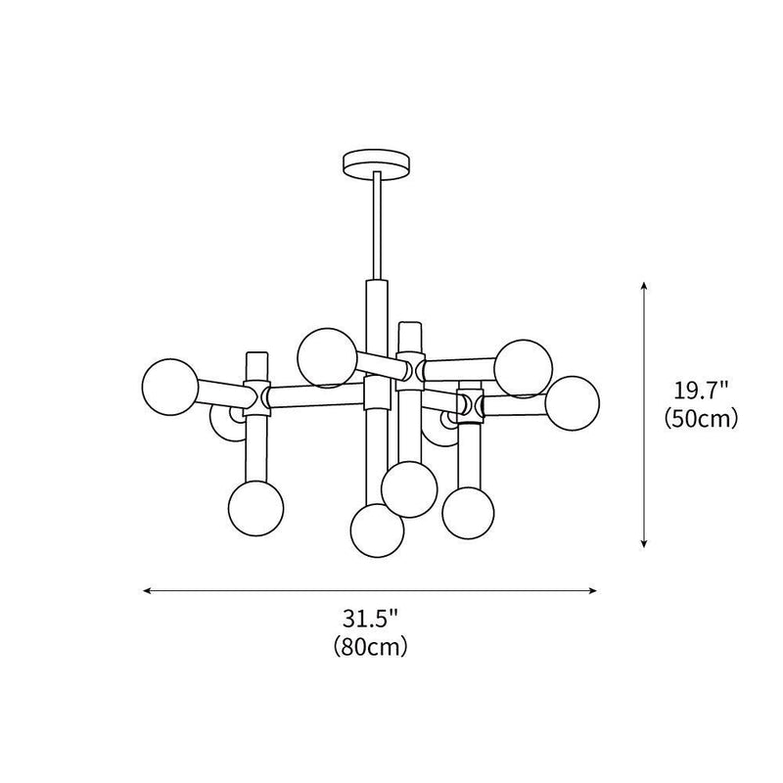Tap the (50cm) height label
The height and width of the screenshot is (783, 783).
point(700,419)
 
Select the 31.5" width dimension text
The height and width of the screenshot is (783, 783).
point(371,620)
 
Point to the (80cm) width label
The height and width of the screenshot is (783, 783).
point(370,646)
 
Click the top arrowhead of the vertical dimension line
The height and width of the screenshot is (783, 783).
point(644,286)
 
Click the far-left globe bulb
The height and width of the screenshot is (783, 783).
point(169,386)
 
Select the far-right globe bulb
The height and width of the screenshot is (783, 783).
point(572,402)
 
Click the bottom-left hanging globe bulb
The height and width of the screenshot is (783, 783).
point(255,507)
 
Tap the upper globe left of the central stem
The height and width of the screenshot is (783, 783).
point(327,356)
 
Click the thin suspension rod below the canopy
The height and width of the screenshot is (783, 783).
point(376,225)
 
